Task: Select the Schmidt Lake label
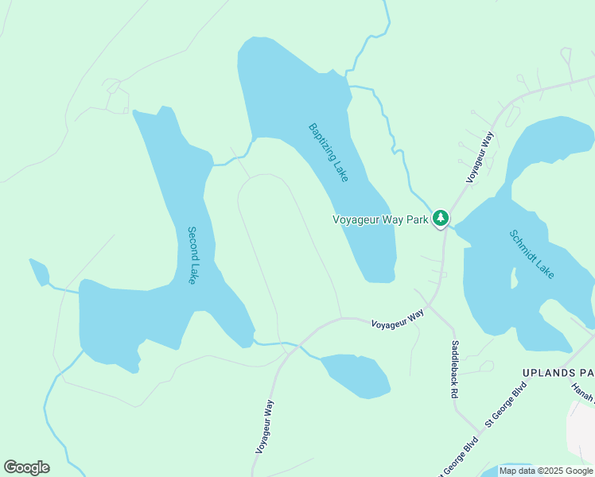tap(531, 254)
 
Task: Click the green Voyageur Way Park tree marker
tap(441, 219)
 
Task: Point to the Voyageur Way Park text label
tap(380, 219)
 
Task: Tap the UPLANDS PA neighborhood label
tap(558, 372)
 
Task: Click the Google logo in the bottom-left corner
tap(26, 467)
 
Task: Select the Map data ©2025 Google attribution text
tap(545, 471)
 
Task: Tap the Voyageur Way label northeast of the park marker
tap(481, 158)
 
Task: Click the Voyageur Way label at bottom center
tap(264, 427)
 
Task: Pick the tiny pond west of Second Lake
tap(38, 272)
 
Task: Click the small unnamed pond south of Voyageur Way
tap(356, 374)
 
